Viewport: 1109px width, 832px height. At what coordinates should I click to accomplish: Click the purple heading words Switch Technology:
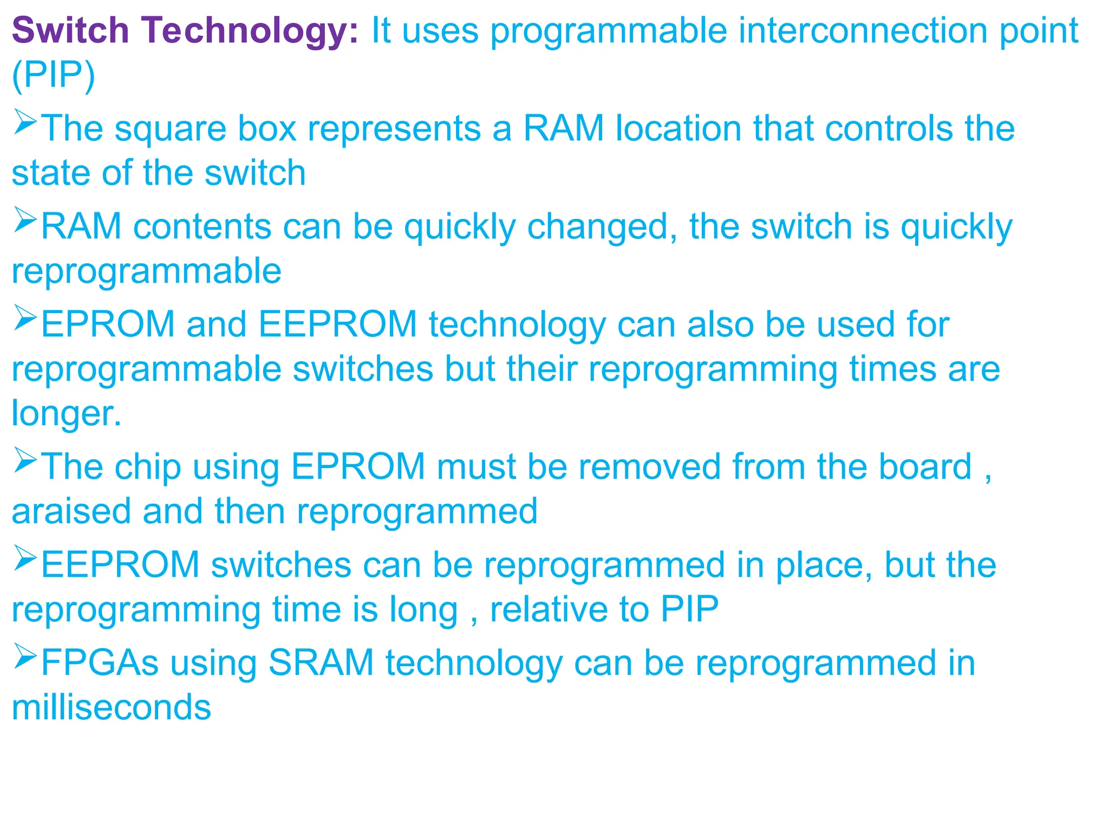point(185,30)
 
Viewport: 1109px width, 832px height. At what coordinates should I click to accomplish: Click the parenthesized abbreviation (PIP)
point(53,75)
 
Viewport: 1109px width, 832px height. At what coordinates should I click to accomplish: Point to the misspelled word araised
point(71,512)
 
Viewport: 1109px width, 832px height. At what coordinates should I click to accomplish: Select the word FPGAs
point(100,663)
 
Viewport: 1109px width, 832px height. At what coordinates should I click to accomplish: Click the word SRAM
point(321,663)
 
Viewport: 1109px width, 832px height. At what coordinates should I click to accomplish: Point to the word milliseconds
point(111,707)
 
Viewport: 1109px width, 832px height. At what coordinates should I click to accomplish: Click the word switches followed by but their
point(362,369)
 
